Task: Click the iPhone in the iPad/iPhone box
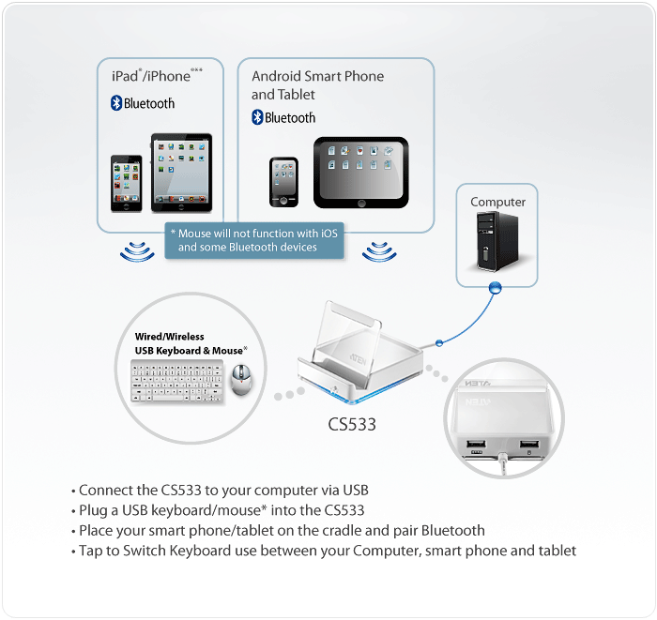(127, 181)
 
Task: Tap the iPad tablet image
(181, 171)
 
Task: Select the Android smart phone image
(283, 181)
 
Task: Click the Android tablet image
(360, 172)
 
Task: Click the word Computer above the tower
(497, 202)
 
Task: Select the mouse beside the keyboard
(240, 380)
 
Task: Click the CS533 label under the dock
(352, 424)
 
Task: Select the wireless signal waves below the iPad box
(136, 251)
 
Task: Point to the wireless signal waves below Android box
(379, 251)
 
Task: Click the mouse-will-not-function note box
(254, 240)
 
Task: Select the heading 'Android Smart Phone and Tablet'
(317, 84)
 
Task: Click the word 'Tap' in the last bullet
(91, 550)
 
